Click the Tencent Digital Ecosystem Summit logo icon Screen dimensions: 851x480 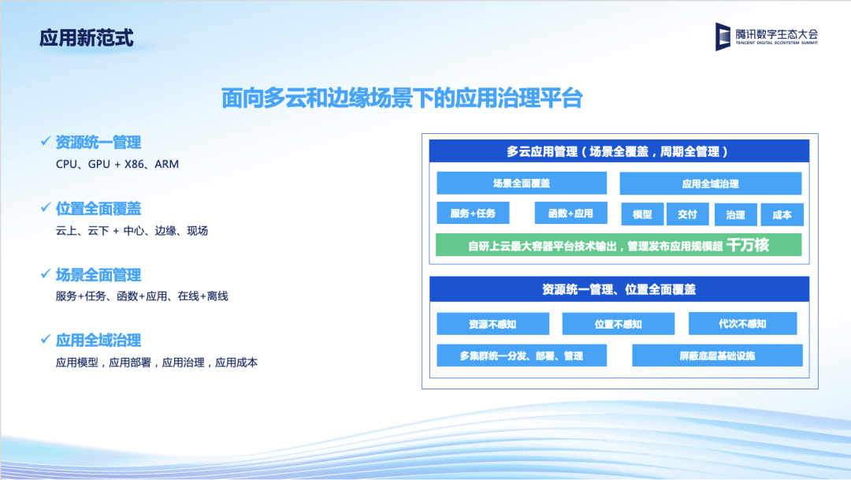pyautogui.click(x=723, y=36)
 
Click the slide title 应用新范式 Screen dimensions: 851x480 pyautogui.click(x=87, y=38)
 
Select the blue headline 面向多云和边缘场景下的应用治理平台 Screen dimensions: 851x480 pyautogui.click(x=402, y=99)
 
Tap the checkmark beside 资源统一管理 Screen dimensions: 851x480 pyautogui.click(x=46, y=141)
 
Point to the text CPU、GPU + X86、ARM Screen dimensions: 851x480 pyautogui.click(x=117, y=164)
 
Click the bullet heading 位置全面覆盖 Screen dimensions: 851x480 pyautogui.click(x=98, y=209)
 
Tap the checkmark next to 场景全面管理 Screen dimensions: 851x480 pyautogui.click(x=46, y=273)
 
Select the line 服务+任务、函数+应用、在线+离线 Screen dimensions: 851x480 pyautogui.click(x=142, y=296)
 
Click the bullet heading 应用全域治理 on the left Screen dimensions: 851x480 pyautogui.click(x=98, y=340)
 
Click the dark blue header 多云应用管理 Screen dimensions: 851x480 pyautogui.click(x=619, y=151)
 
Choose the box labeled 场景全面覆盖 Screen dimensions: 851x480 pyautogui.click(x=522, y=183)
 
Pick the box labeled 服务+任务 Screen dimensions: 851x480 pyautogui.click(x=473, y=213)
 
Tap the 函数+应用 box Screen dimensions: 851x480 pyautogui.click(x=570, y=213)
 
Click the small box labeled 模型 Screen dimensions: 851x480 pyautogui.click(x=642, y=214)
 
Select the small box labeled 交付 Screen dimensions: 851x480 pyautogui.click(x=687, y=214)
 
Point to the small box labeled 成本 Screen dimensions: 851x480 pyautogui.click(x=782, y=214)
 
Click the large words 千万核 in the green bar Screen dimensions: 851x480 pyautogui.click(x=747, y=245)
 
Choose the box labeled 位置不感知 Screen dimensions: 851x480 pyautogui.click(x=619, y=324)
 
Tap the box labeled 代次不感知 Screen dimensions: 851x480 pyautogui.click(x=742, y=324)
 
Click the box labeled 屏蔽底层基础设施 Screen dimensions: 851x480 pyautogui.click(x=717, y=355)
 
